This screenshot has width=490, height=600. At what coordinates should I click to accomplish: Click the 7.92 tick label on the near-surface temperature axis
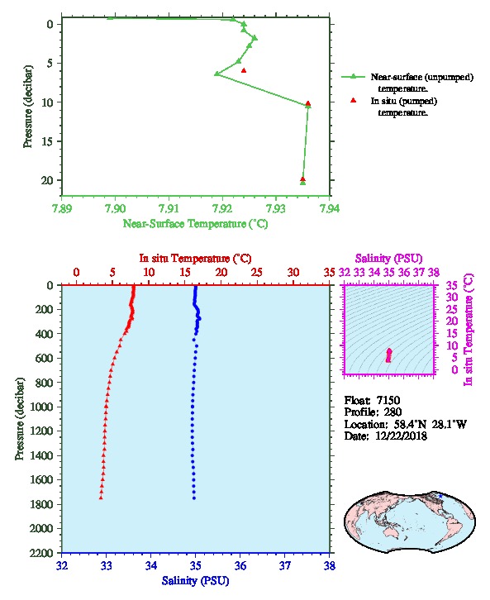tap(222, 208)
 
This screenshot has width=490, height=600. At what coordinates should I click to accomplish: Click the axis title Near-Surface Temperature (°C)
tap(196, 224)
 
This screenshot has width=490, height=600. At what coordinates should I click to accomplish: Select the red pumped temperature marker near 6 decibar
tap(244, 70)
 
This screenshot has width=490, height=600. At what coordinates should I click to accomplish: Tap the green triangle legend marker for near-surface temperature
tap(353, 77)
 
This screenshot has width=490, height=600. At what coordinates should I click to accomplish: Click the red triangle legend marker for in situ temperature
tap(353, 100)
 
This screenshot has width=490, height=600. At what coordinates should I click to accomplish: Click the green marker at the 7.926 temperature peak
tap(255, 38)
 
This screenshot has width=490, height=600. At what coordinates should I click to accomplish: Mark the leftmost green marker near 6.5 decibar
tap(216, 74)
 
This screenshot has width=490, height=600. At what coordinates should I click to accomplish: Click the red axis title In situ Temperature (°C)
tap(196, 259)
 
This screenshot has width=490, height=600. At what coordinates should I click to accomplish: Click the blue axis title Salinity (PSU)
tap(196, 581)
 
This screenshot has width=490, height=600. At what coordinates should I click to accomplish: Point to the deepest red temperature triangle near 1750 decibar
tap(101, 498)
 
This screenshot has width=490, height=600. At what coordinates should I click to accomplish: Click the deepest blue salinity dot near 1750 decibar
tap(194, 498)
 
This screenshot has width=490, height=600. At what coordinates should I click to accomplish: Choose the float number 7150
tap(388, 400)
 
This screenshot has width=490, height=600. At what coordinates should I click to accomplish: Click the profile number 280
tap(392, 412)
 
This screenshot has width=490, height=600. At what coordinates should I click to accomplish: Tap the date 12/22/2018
tap(401, 436)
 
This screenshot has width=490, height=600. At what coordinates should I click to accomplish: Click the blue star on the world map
tap(440, 496)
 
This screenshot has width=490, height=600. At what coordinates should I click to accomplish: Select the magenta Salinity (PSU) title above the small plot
tap(388, 259)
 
